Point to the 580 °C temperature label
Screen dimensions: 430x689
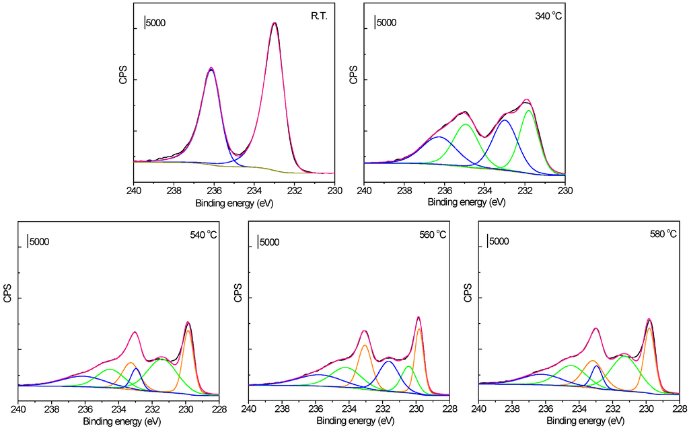point(663,234)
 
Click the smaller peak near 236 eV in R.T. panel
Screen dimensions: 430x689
point(211,69)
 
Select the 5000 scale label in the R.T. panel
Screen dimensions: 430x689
point(154,23)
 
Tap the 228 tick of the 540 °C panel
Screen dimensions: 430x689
point(219,409)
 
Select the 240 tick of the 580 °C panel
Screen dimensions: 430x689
point(478,409)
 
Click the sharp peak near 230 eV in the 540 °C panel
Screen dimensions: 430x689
point(188,323)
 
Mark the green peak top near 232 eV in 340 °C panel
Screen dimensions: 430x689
point(529,111)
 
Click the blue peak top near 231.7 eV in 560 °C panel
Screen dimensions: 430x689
point(388,362)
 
